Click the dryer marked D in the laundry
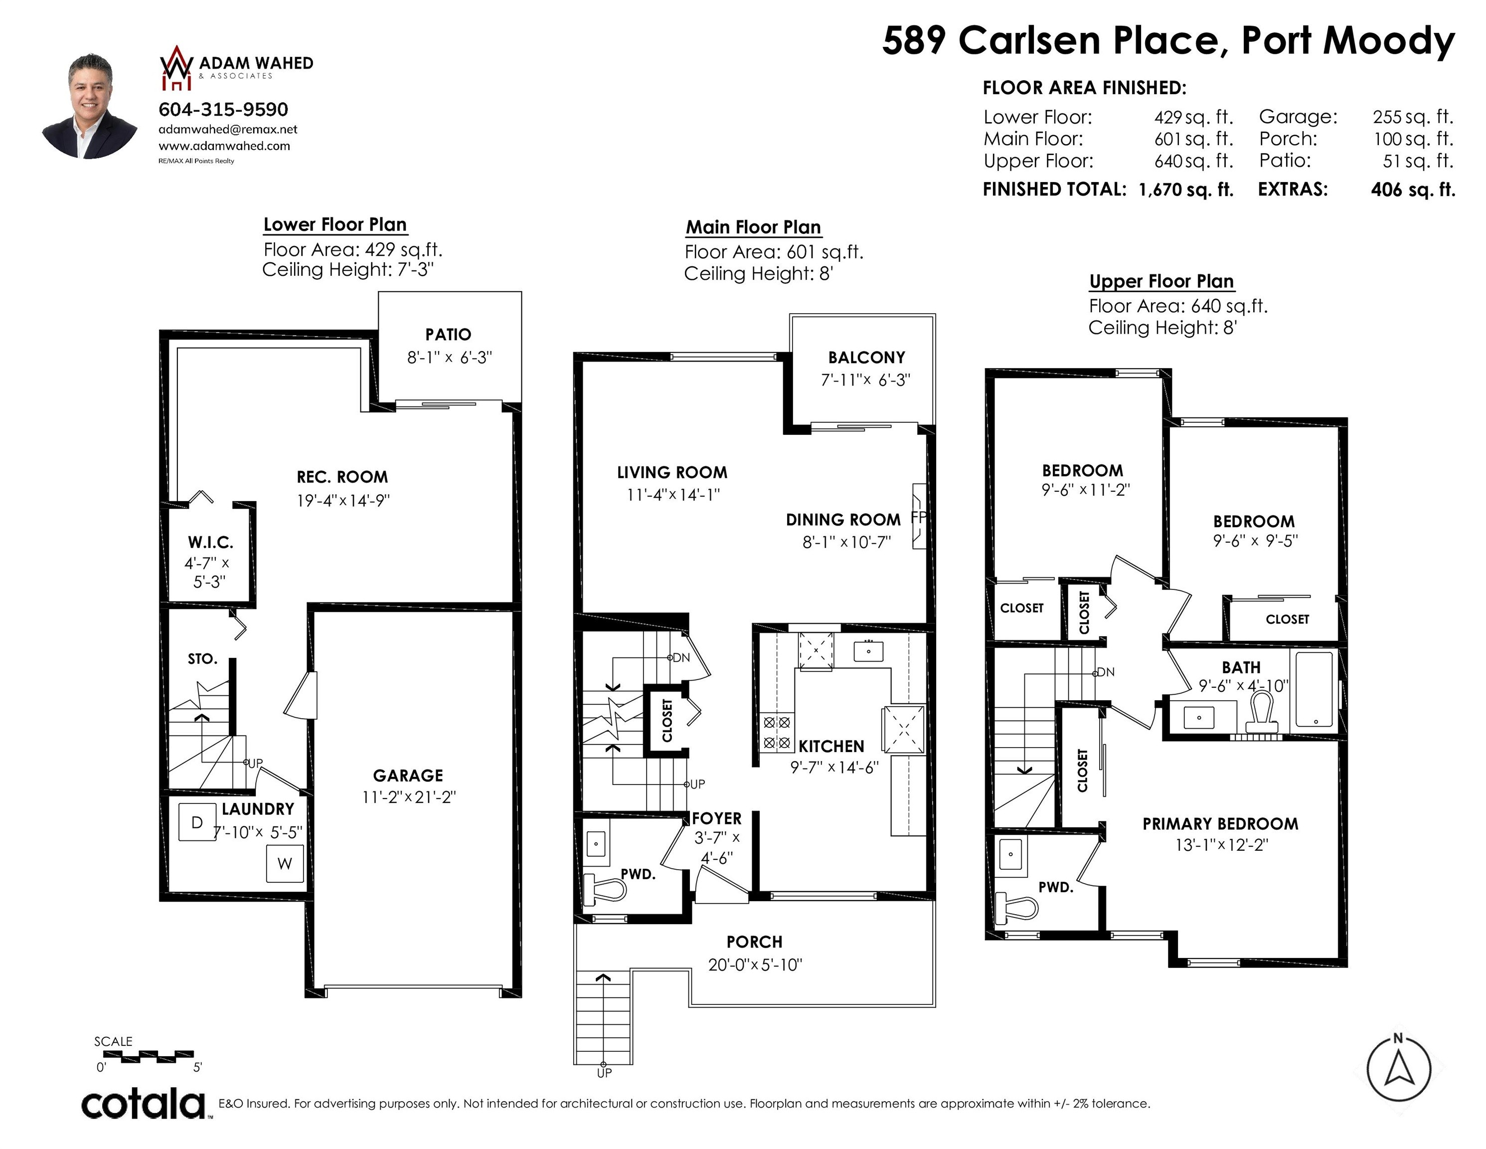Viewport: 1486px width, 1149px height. coord(196,822)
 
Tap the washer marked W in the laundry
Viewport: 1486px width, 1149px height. coord(285,863)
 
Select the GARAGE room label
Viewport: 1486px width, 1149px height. coord(408,775)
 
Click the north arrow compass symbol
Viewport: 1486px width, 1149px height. coord(1398,1069)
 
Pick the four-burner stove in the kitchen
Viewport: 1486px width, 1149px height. coord(776,732)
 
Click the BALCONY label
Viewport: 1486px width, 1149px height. coord(866,358)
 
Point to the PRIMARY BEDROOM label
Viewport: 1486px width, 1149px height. coord(1220,824)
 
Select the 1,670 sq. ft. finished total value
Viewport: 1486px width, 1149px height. coord(1186,189)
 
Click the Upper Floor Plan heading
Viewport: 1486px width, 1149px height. coord(1161,281)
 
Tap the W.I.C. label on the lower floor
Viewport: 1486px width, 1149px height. coord(210,543)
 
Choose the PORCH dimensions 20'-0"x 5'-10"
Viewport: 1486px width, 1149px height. coord(755,964)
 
